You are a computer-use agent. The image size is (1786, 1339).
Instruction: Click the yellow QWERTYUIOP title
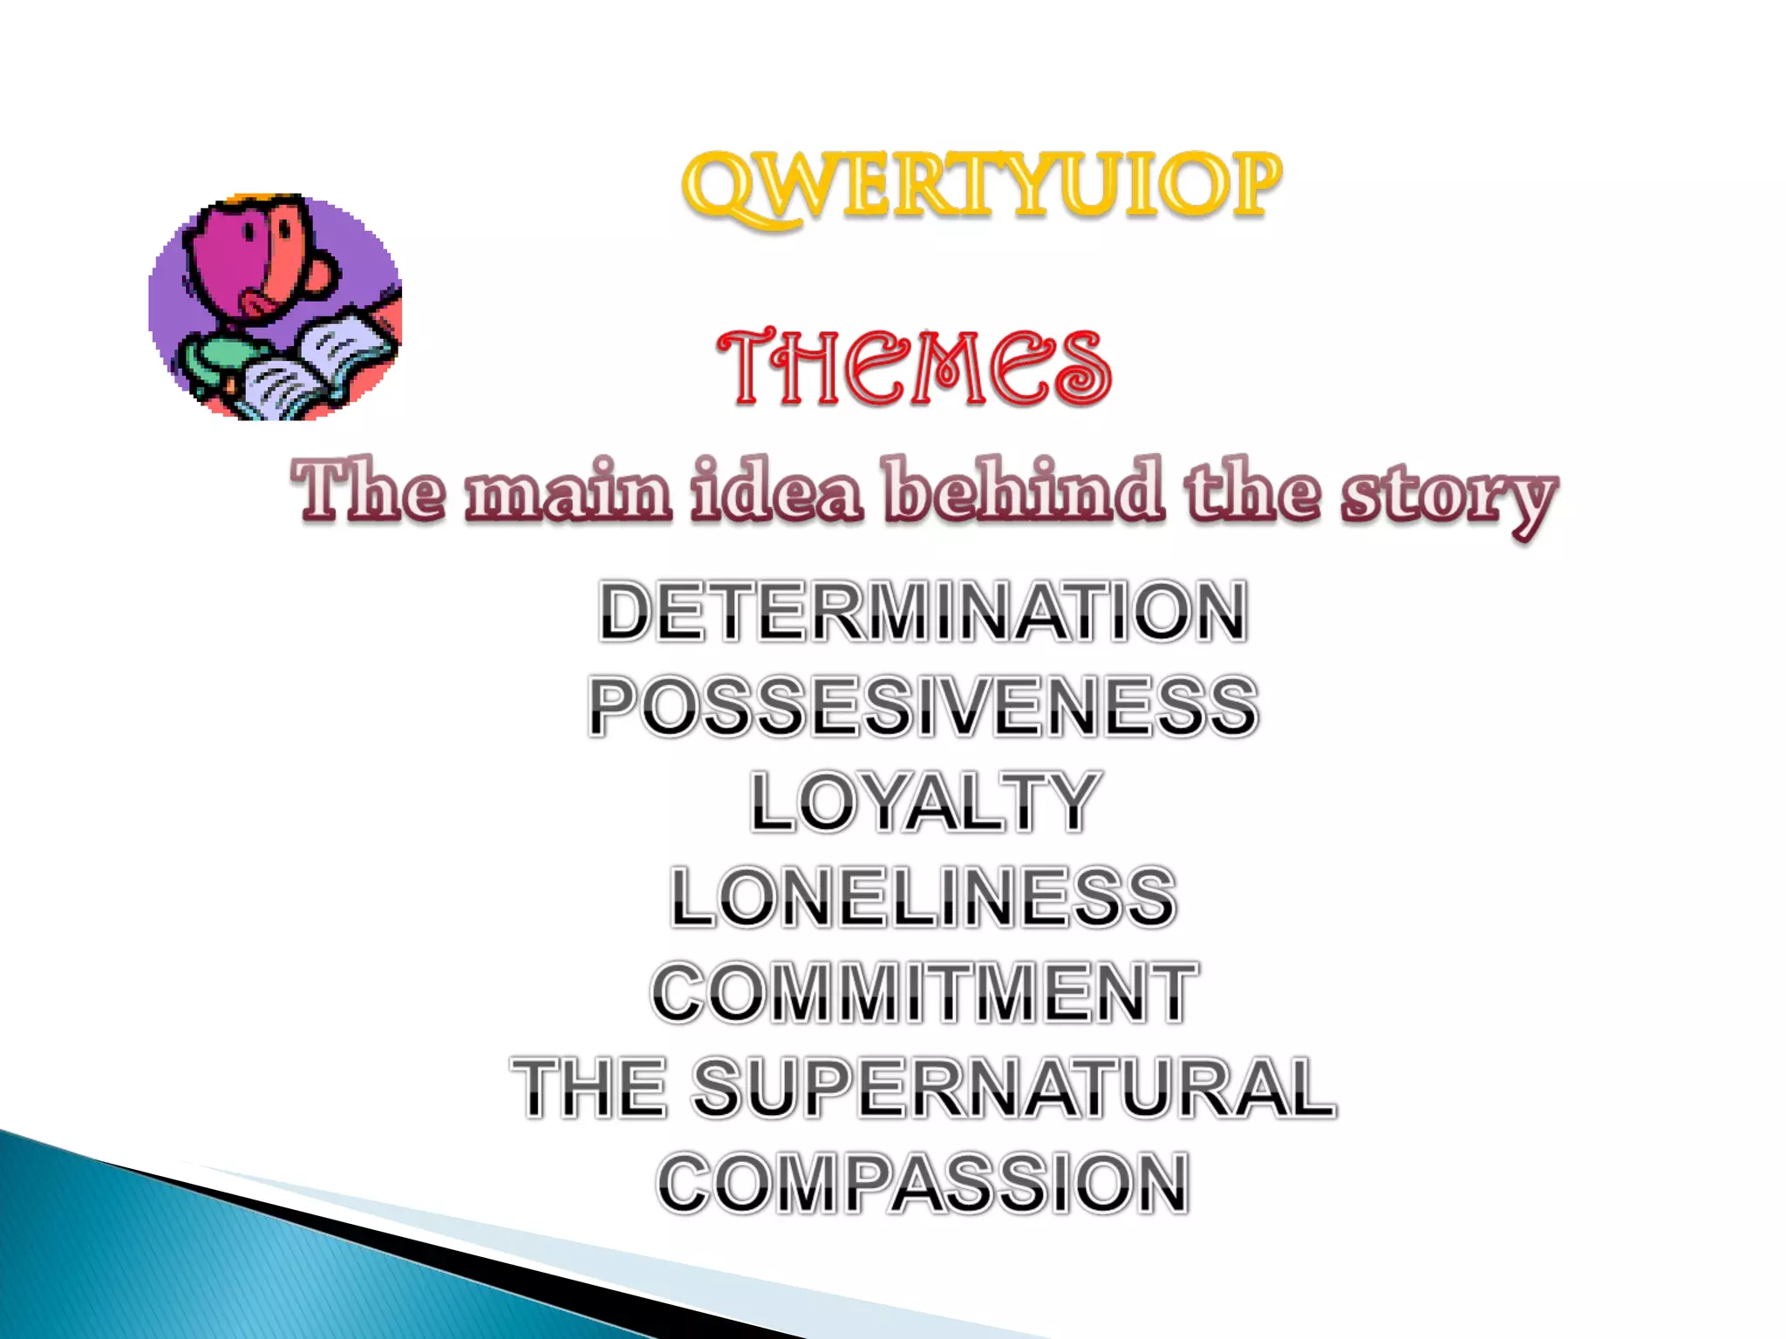click(x=981, y=186)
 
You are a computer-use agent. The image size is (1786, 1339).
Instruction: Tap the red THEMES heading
click(x=914, y=368)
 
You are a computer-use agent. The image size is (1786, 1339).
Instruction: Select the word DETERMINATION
click(x=924, y=612)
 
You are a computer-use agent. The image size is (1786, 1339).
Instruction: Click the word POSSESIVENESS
click(x=924, y=706)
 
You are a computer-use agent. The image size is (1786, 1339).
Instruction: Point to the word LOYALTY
click(x=924, y=801)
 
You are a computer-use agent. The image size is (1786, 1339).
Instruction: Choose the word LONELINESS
click(x=924, y=897)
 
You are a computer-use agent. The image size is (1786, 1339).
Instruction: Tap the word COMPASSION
click(x=924, y=1183)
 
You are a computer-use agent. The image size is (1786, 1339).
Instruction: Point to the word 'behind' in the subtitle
click(x=1024, y=491)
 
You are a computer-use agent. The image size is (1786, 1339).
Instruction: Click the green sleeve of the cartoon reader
click(x=214, y=357)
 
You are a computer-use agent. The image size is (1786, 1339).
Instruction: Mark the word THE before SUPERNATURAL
click(x=589, y=1087)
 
